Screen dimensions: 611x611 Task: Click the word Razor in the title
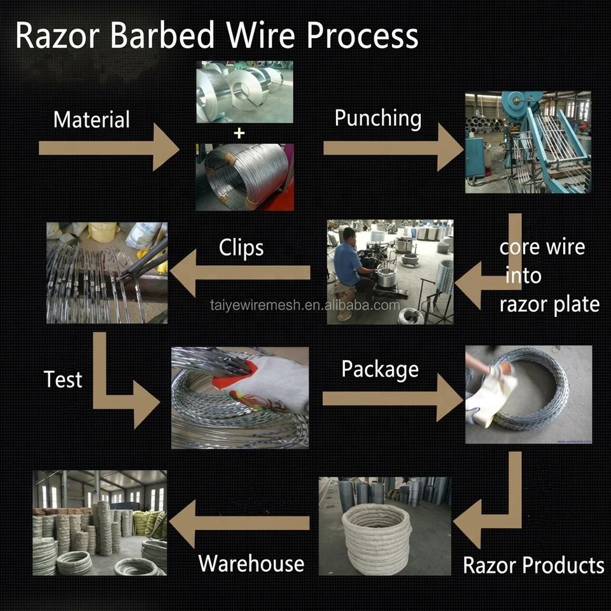[58, 36]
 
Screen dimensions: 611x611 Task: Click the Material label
[92, 120]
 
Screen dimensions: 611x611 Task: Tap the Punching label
[378, 118]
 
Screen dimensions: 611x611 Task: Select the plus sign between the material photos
[239, 133]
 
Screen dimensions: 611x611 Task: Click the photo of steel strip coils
[244, 92]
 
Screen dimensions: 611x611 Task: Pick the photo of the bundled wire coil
[244, 178]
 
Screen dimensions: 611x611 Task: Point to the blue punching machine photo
[528, 142]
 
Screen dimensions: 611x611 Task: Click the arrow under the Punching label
[393, 148]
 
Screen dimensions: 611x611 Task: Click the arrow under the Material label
[109, 148]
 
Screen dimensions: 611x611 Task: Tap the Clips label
[241, 248]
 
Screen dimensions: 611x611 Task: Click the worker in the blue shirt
[349, 273]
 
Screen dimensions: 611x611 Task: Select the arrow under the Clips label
[241, 273]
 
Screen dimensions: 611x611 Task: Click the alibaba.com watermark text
[305, 305]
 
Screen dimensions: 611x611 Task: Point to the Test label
[63, 379]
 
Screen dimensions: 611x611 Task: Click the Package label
[380, 369]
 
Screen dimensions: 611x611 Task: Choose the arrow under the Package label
[393, 398]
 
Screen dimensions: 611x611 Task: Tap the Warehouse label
[251, 563]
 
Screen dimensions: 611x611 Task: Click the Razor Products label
[533, 565]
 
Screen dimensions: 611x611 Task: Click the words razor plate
[549, 305]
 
